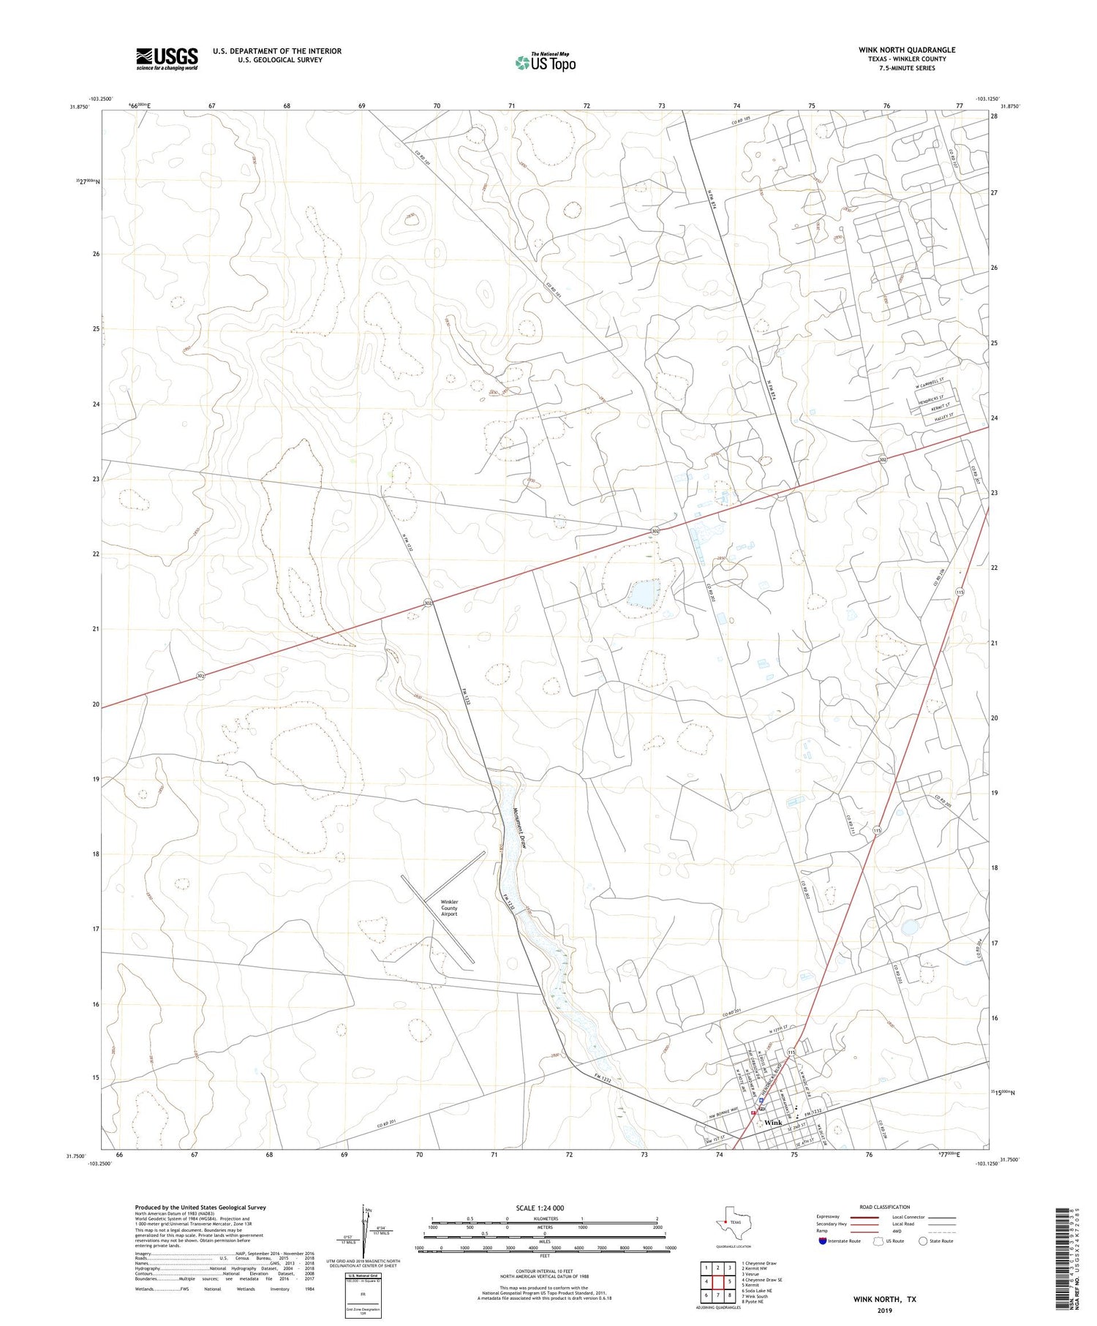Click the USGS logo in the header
click(x=167, y=59)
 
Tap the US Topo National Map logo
click(x=546, y=62)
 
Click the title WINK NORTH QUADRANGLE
click(x=907, y=50)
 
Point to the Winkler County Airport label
click(x=449, y=908)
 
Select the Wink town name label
click(x=773, y=1122)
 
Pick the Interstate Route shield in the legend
click(x=823, y=1240)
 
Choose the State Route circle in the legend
click(x=924, y=1240)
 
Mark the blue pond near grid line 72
click(x=643, y=592)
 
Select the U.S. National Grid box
click(x=363, y=1295)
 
